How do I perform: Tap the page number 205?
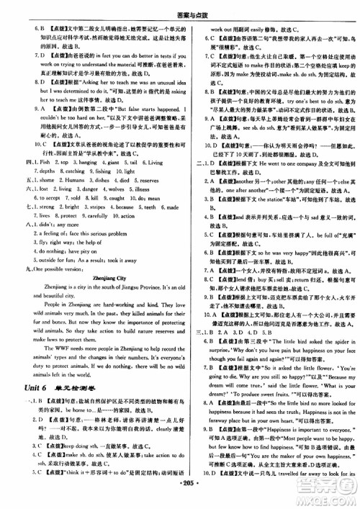(x=179, y=497)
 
